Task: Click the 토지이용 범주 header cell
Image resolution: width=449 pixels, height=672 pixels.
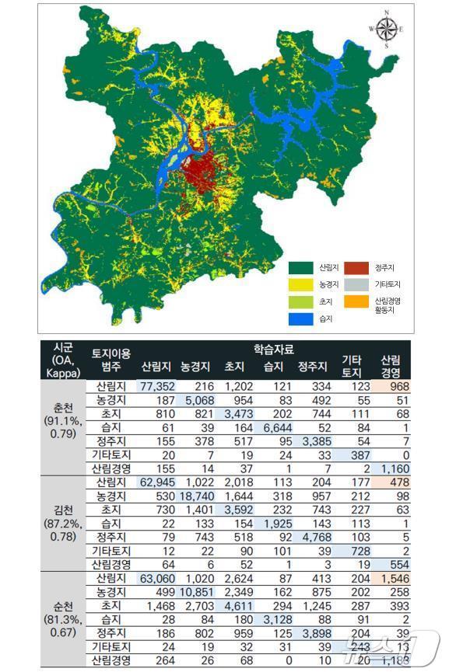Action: [106, 358]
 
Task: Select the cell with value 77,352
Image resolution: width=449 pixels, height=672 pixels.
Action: [158, 385]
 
